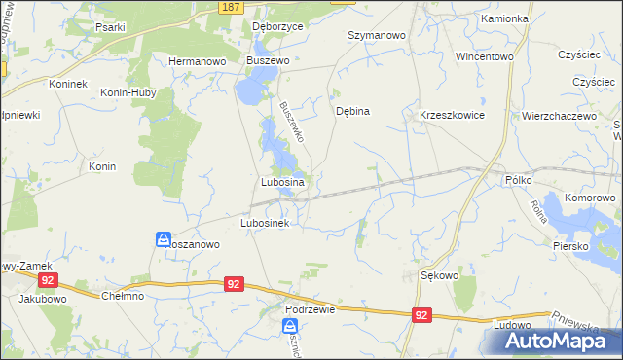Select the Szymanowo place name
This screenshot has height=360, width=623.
click(x=376, y=35)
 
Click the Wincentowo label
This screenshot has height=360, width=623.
click(x=484, y=56)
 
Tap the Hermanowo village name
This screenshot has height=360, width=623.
click(x=198, y=60)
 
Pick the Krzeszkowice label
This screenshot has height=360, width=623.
click(x=452, y=115)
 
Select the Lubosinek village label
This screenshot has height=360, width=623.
click(x=265, y=223)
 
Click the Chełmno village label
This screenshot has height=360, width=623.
click(x=122, y=296)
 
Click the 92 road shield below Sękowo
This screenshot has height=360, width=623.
click(x=421, y=315)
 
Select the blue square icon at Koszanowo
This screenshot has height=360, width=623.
click(x=164, y=238)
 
